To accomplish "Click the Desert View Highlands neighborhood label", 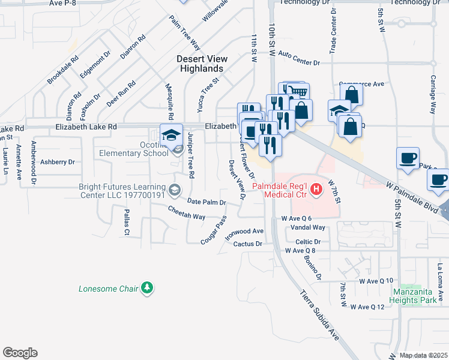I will click(201, 64).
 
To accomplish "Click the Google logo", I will click(20, 352).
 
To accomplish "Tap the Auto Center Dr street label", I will click(299, 58).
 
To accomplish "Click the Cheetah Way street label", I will click(187, 212).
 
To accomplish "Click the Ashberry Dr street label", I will click(57, 162).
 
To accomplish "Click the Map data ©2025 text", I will click(423, 355).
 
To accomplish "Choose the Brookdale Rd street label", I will click(63, 70).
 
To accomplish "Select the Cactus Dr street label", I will click(248, 244).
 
